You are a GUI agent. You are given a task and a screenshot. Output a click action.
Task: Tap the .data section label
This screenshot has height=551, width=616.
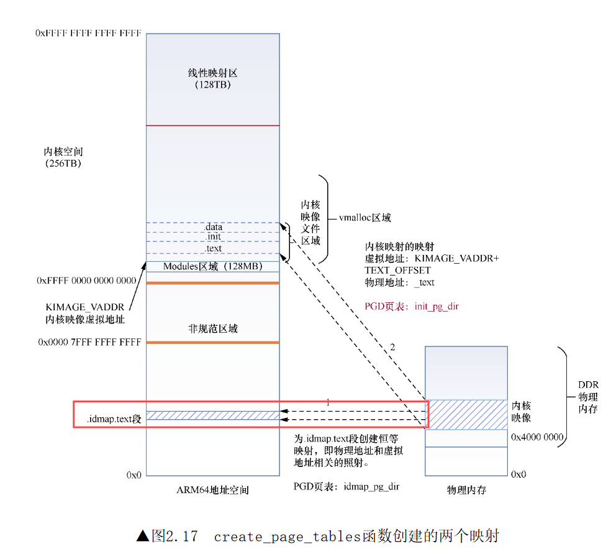tap(213, 228)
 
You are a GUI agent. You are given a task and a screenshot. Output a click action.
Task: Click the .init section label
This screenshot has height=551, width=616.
tap(213, 237)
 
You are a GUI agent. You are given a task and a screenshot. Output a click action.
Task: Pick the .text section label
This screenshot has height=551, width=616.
tap(213, 248)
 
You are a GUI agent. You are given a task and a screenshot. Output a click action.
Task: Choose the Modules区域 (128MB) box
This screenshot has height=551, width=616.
tap(212, 266)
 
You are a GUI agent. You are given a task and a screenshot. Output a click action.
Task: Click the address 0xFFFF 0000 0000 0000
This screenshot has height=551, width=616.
tap(87, 281)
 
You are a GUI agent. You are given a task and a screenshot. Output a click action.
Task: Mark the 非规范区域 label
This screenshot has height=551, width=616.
tap(213, 328)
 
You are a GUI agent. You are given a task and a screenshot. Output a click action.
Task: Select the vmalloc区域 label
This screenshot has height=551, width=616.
tap(365, 218)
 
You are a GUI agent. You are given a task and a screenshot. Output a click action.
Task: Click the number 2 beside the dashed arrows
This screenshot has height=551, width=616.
tap(392, 347)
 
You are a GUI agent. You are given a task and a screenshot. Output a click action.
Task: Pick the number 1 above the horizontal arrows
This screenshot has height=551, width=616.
tap(328, 402)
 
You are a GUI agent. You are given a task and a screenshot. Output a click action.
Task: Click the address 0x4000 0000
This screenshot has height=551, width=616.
tap(537, 437)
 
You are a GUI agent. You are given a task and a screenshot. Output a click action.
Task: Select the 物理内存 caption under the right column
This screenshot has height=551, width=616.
tap(466, 490)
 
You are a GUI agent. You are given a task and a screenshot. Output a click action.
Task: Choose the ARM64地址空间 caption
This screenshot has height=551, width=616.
tap(212, 490)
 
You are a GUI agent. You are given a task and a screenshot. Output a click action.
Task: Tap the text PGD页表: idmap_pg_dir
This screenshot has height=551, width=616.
tap(346, 486)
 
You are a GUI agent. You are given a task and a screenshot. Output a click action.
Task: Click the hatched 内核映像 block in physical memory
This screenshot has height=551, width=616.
tap(466, 414)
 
